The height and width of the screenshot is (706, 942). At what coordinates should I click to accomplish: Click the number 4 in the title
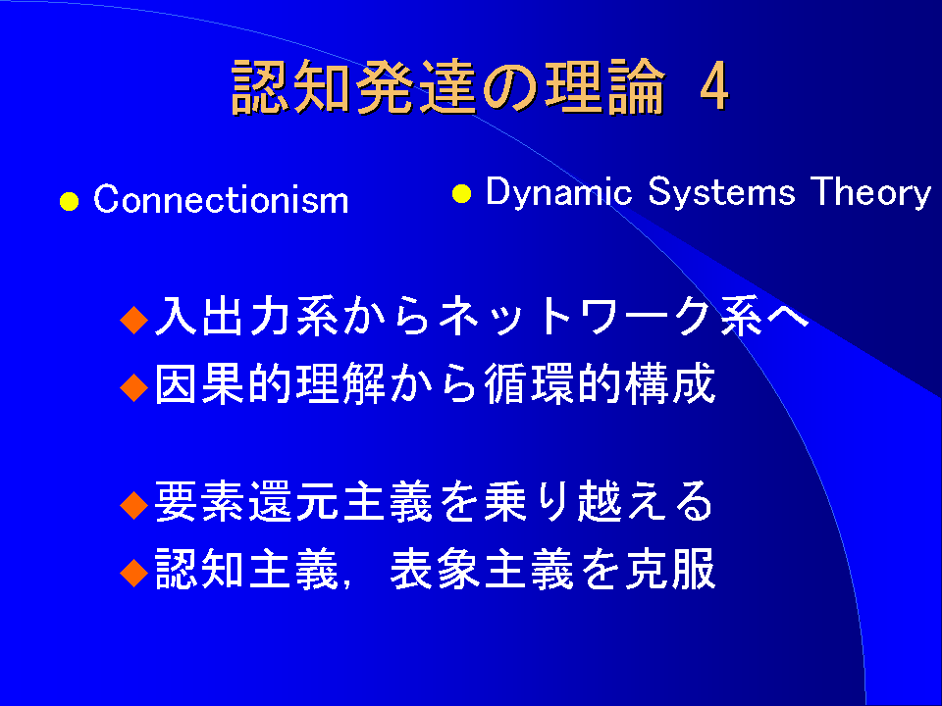click(x=714, y=87)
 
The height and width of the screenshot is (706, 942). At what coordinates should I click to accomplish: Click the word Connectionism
click(x=221, y=199)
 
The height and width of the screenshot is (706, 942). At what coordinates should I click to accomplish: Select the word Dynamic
click(x=558, y=192)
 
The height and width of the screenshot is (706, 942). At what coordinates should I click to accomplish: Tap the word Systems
click(x=721, y=192)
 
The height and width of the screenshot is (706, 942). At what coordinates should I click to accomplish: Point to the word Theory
click(x=870, y=192)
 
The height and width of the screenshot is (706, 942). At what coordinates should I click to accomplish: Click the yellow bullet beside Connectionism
click(x=69, y=202)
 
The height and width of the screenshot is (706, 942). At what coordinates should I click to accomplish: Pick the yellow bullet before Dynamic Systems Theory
click(x=461, y=194)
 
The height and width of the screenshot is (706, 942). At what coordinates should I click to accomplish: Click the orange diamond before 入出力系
click(x=134, y=320)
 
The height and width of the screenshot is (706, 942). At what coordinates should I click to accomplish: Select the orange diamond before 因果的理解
click(x=134, y=387)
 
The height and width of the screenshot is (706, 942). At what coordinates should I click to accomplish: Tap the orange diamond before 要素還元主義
click(x=134, y=505)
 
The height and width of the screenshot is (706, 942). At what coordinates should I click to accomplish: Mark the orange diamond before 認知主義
click(x=134, y=572)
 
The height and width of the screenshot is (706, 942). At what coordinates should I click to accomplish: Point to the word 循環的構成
click(x=600, y=383)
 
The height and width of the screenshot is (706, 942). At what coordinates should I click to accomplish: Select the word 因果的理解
click(x=271, y=383)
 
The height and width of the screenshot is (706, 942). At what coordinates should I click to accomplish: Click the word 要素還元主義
click(x=293, y=501)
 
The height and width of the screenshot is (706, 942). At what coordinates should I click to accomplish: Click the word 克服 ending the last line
click(x=670, y=568)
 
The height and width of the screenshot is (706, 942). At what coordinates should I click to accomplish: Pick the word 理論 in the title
click(x=605, y=87)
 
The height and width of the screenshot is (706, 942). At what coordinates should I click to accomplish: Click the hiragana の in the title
click(x=512, y=88)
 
